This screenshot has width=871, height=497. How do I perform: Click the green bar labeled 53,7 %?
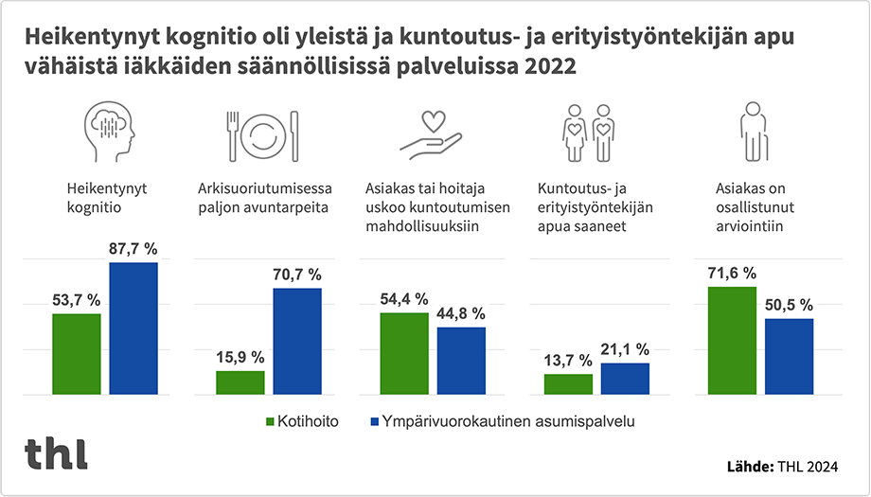77,353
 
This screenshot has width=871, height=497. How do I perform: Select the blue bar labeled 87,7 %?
133,328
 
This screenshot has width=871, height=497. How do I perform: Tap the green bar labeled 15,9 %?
240,382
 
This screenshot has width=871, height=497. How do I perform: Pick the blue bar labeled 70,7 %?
297,341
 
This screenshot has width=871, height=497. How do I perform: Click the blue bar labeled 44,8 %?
461,360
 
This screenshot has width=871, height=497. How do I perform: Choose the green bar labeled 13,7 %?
568,383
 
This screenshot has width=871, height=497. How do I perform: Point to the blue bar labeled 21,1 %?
625,378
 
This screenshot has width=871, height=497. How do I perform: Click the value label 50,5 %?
789,305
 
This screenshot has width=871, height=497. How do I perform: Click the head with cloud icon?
111,130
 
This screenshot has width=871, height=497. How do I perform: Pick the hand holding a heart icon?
430,133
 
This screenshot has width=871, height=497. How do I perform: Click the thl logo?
56,453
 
